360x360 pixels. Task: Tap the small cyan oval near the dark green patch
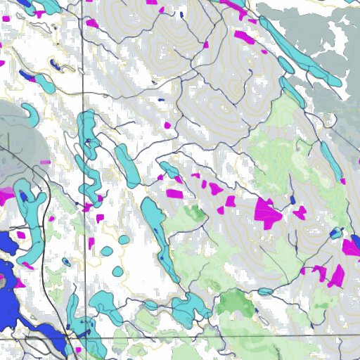[265, 291]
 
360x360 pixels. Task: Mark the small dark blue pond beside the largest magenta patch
[292, 200]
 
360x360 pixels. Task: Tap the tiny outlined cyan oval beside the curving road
[66, 262]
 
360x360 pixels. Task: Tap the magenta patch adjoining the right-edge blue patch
[349, 247]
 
